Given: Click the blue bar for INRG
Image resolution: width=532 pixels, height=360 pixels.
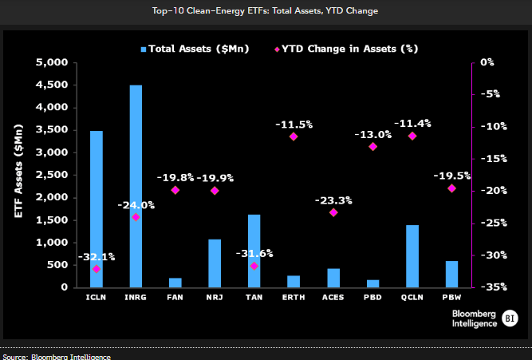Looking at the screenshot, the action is coord(136,186).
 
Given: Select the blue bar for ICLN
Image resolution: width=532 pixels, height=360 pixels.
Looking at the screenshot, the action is coord(97,209).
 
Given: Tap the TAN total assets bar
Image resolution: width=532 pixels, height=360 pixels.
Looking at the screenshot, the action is coord(254,251).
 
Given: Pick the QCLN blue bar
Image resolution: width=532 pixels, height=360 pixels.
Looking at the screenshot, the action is coord(412,256).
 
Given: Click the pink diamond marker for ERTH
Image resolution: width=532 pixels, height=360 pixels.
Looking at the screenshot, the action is coord(294,136).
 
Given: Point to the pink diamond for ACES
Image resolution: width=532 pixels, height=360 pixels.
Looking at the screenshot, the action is coord(333,212).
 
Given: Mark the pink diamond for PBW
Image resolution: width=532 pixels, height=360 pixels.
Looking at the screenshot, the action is coord(451,188).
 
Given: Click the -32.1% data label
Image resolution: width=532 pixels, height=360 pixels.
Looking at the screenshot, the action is coord(97,257).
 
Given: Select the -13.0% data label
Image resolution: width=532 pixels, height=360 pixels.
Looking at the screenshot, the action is coord(372,135).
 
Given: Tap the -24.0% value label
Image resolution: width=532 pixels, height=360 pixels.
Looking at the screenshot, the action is coord(136,205).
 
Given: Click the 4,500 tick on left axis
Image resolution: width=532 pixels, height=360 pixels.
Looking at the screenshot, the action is coord(52,85).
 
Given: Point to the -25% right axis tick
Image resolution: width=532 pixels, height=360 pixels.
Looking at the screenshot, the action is coord(494,224).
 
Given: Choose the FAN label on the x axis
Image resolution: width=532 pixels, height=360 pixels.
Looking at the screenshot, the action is coord(175,298).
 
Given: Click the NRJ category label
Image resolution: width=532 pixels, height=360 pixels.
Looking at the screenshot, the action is coord(215,298).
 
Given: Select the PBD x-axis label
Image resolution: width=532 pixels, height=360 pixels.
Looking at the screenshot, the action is coord(372,298).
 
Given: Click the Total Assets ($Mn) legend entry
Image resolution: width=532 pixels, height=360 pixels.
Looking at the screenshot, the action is coord(195,49).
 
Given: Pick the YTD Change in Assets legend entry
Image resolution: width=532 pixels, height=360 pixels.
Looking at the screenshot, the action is coord(346,49).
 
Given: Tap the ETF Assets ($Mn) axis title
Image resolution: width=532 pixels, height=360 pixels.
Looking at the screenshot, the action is coord(18,171).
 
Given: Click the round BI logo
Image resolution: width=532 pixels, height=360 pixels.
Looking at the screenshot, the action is coord(510,318).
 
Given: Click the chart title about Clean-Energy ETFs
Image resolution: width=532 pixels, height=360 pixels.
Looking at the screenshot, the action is coord(265,11).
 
